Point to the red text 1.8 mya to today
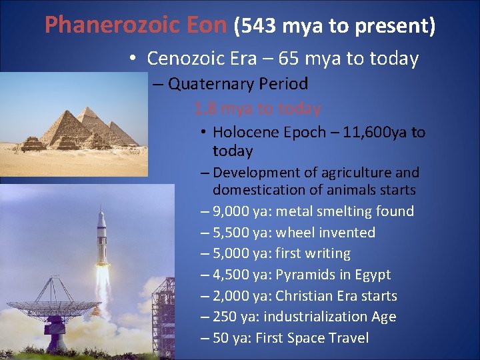point(257,108)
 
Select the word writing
point(326,253)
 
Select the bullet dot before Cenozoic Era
point(134,59)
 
